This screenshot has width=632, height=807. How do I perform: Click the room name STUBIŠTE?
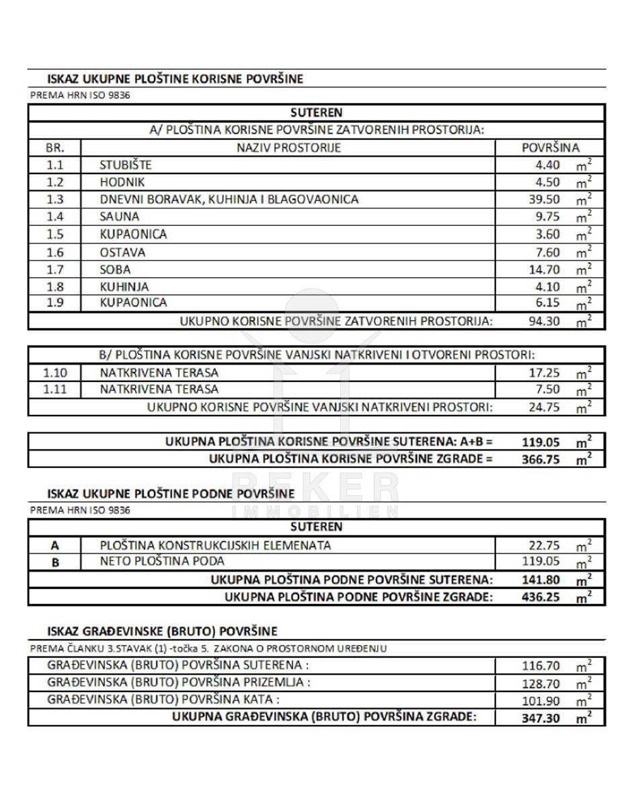click(126, 165)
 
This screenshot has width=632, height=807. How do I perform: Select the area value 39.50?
click(544, 200)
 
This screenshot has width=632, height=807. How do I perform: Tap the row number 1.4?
click(55, 217)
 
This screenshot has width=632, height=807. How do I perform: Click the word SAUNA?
click(120, 217)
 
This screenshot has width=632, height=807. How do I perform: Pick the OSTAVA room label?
click(122, 253)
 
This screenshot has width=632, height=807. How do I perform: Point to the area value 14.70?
click(544, 270)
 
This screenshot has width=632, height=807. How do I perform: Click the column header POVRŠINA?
click(551, 148)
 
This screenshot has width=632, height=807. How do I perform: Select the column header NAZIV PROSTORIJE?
click(288, 148)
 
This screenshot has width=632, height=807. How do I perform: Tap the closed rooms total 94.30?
click(544, 321)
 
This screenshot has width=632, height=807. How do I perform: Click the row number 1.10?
click(55, 372)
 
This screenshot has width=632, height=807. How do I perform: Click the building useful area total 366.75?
click(541, 460)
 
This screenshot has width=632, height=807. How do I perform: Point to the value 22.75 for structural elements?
click(544, 545)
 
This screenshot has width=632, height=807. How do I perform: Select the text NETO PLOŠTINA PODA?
click(162, 562)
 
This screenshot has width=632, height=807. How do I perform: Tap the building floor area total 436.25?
click(541, 597)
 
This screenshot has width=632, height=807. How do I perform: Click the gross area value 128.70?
click(541, 683)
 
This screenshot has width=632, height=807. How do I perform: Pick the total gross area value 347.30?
click(541, 718)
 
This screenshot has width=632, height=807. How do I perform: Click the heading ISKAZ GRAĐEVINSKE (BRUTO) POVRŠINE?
click(162, 631)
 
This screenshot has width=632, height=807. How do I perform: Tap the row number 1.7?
click(55, 270)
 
